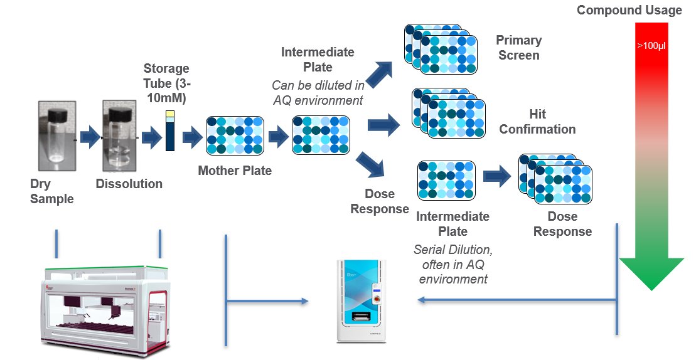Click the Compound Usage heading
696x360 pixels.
pyautogui.click(x=629, y=10)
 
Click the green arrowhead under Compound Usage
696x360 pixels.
pyautogui.click(x=651, y=272)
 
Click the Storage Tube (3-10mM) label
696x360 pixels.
pyautogui.click(x=166, y=83)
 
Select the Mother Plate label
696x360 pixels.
pyautogui.click(x=235, y=170)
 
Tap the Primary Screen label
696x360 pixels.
pyautogui.click(x=518, y=48)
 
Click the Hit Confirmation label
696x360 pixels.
pyautogui.click(x=538, y=122)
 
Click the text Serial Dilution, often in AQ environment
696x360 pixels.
pyautogui.click(x=453, y=264)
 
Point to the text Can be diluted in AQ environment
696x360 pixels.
pyautogui.click(x=317, y=92)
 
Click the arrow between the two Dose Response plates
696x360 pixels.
pyautogui.click(x=497, y=177)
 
